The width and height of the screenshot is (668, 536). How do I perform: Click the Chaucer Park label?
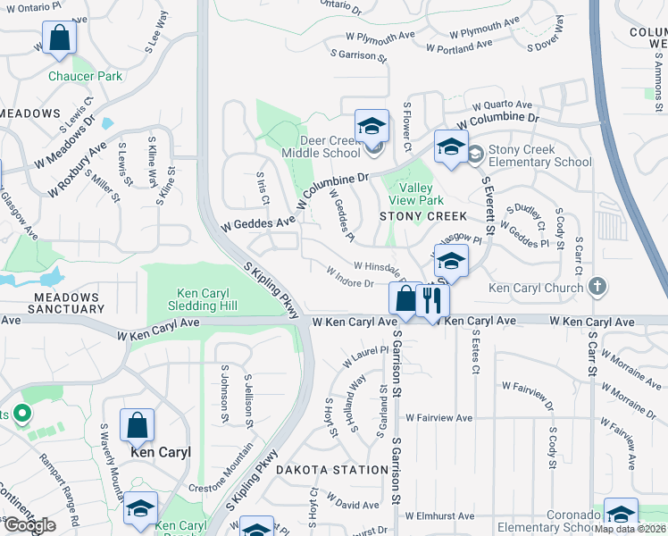(86, 76)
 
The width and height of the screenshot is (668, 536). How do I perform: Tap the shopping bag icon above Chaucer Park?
(59, 37)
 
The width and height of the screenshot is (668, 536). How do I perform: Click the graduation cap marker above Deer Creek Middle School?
(372, 126)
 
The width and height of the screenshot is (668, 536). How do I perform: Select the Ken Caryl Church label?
(537, 288)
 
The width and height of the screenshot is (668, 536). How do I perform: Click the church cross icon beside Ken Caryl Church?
(598, 287)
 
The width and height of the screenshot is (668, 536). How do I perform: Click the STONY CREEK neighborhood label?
(423, 216)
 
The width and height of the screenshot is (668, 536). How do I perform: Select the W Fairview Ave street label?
(438, 417)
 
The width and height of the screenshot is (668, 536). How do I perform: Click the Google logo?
(29, 525)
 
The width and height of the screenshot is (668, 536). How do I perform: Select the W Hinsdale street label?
(381, 267)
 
